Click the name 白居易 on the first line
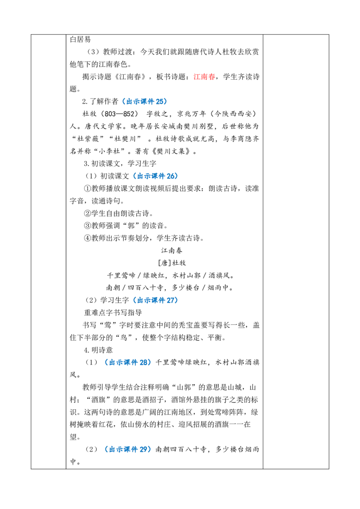[80, 40]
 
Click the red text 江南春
[204, 77]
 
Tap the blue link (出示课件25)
[144, 102]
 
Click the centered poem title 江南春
[172, 250]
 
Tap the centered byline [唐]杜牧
[171, 263]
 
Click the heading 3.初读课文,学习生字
[120, 164]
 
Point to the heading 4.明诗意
[98, 350]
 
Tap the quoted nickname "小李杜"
[111, 151]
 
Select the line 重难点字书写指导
[113, 313]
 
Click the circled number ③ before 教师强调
[87, 226]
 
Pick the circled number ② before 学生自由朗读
[87, 213]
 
